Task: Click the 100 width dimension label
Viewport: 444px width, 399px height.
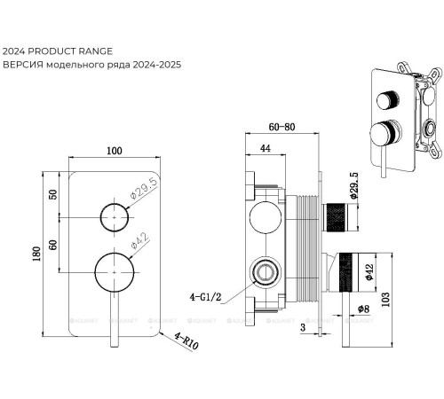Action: (115, 151)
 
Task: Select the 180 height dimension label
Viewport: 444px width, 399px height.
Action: (36, 254)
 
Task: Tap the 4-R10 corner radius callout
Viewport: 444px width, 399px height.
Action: (186, 340)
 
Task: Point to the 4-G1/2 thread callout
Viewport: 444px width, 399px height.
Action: (205, 297)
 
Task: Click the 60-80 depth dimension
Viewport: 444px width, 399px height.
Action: (281, 127)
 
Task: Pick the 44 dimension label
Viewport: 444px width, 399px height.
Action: (266, 148)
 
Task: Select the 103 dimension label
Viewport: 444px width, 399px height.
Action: (385, 300)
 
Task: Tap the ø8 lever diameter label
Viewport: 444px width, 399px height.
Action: (363, 309)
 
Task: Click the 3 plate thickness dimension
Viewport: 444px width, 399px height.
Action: (303, 327)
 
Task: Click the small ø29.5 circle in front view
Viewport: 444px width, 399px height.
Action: (115, 204)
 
